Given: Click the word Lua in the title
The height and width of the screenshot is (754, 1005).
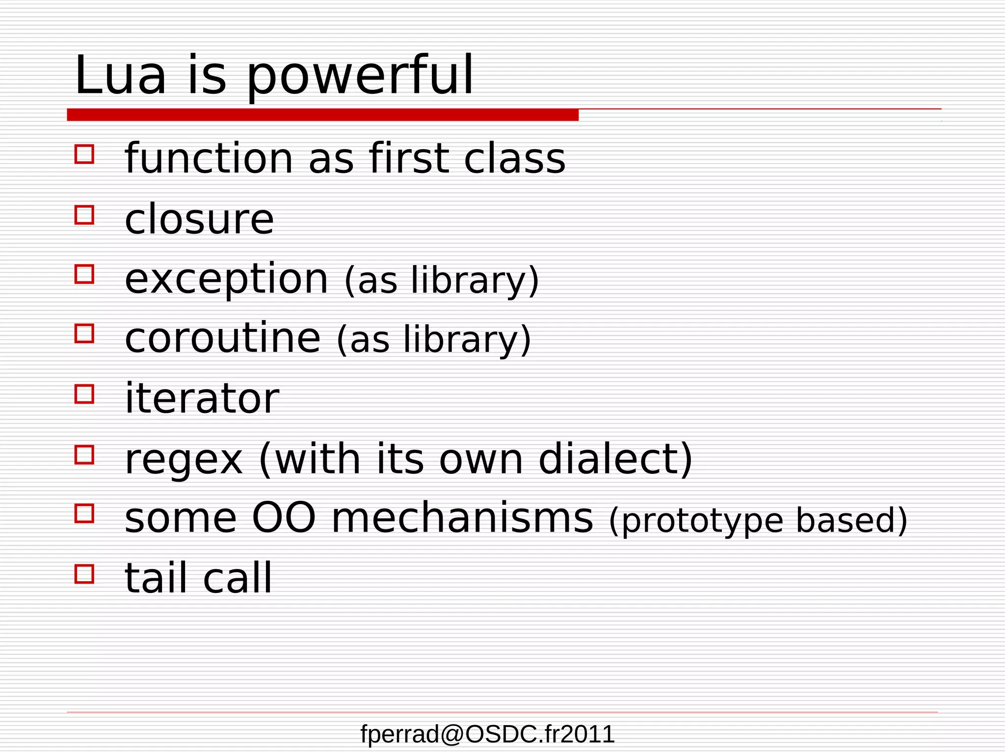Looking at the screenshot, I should pos(120,76).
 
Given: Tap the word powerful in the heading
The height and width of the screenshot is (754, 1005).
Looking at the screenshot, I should pos(360,78).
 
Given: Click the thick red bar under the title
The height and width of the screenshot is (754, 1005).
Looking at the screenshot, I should pos(322,115).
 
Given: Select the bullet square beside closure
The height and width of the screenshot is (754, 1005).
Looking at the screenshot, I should pos(84,215).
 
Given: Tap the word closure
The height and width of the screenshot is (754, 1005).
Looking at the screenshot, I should pos(199,219).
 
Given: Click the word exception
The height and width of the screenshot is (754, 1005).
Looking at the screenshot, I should pos(226,279).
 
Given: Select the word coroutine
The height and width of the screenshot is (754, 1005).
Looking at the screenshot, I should pos(223,338).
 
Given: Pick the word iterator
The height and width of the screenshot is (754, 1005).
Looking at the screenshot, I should pos(202,398).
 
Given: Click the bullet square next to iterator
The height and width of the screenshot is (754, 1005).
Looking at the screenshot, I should pos(84,394).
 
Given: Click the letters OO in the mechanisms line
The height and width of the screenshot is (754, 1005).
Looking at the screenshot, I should pos(283,518).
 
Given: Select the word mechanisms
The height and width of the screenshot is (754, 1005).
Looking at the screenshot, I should pos(462,518).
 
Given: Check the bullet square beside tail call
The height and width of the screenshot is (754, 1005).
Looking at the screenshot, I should pos(84,573).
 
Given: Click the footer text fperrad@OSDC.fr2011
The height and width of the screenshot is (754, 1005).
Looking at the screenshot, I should pos(487,734).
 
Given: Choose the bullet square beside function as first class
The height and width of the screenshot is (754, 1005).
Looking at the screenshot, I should pos(84,154).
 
